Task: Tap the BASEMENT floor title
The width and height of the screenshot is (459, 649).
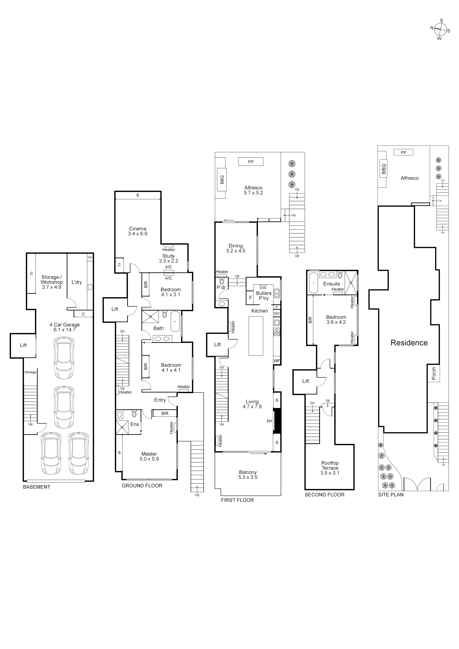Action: click(x=36, y=487)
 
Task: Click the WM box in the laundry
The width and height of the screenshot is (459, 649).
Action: click(x=90, y=257)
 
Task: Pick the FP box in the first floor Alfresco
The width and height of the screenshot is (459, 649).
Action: click(x=251, y=162)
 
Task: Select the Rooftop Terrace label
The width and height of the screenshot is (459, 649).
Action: click(x=330, y=465)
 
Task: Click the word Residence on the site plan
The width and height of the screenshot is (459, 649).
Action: click(x=409, y=343)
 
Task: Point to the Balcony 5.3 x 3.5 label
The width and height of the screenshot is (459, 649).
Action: click(x=248, y=475)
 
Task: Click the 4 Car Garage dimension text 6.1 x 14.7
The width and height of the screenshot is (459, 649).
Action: click(x=65, y=330)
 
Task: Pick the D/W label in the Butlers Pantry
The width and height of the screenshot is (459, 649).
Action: click(x=263, y=288)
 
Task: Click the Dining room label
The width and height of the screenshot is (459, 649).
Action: click(x=236, y=246)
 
